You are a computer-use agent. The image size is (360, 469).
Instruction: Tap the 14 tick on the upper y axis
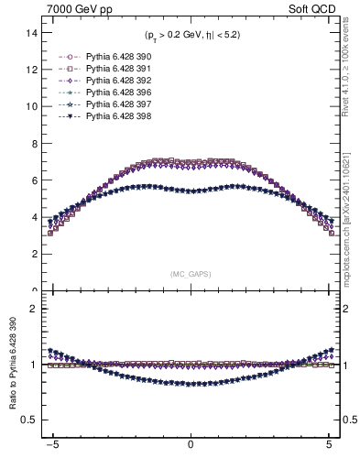click(x=31, y=32)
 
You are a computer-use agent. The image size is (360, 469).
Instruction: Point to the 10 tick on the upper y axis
click(x=31, y=106)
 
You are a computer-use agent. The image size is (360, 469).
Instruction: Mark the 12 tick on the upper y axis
click(x=31, y=70)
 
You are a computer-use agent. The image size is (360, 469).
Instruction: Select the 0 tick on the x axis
click(x=191, y=451)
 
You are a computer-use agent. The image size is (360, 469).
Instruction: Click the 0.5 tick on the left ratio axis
click(x=29, y=420)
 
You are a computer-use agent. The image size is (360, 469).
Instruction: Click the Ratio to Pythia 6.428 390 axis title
click(x=15, y=366)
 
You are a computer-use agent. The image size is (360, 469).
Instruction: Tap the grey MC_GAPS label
click(x=191, y=274)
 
